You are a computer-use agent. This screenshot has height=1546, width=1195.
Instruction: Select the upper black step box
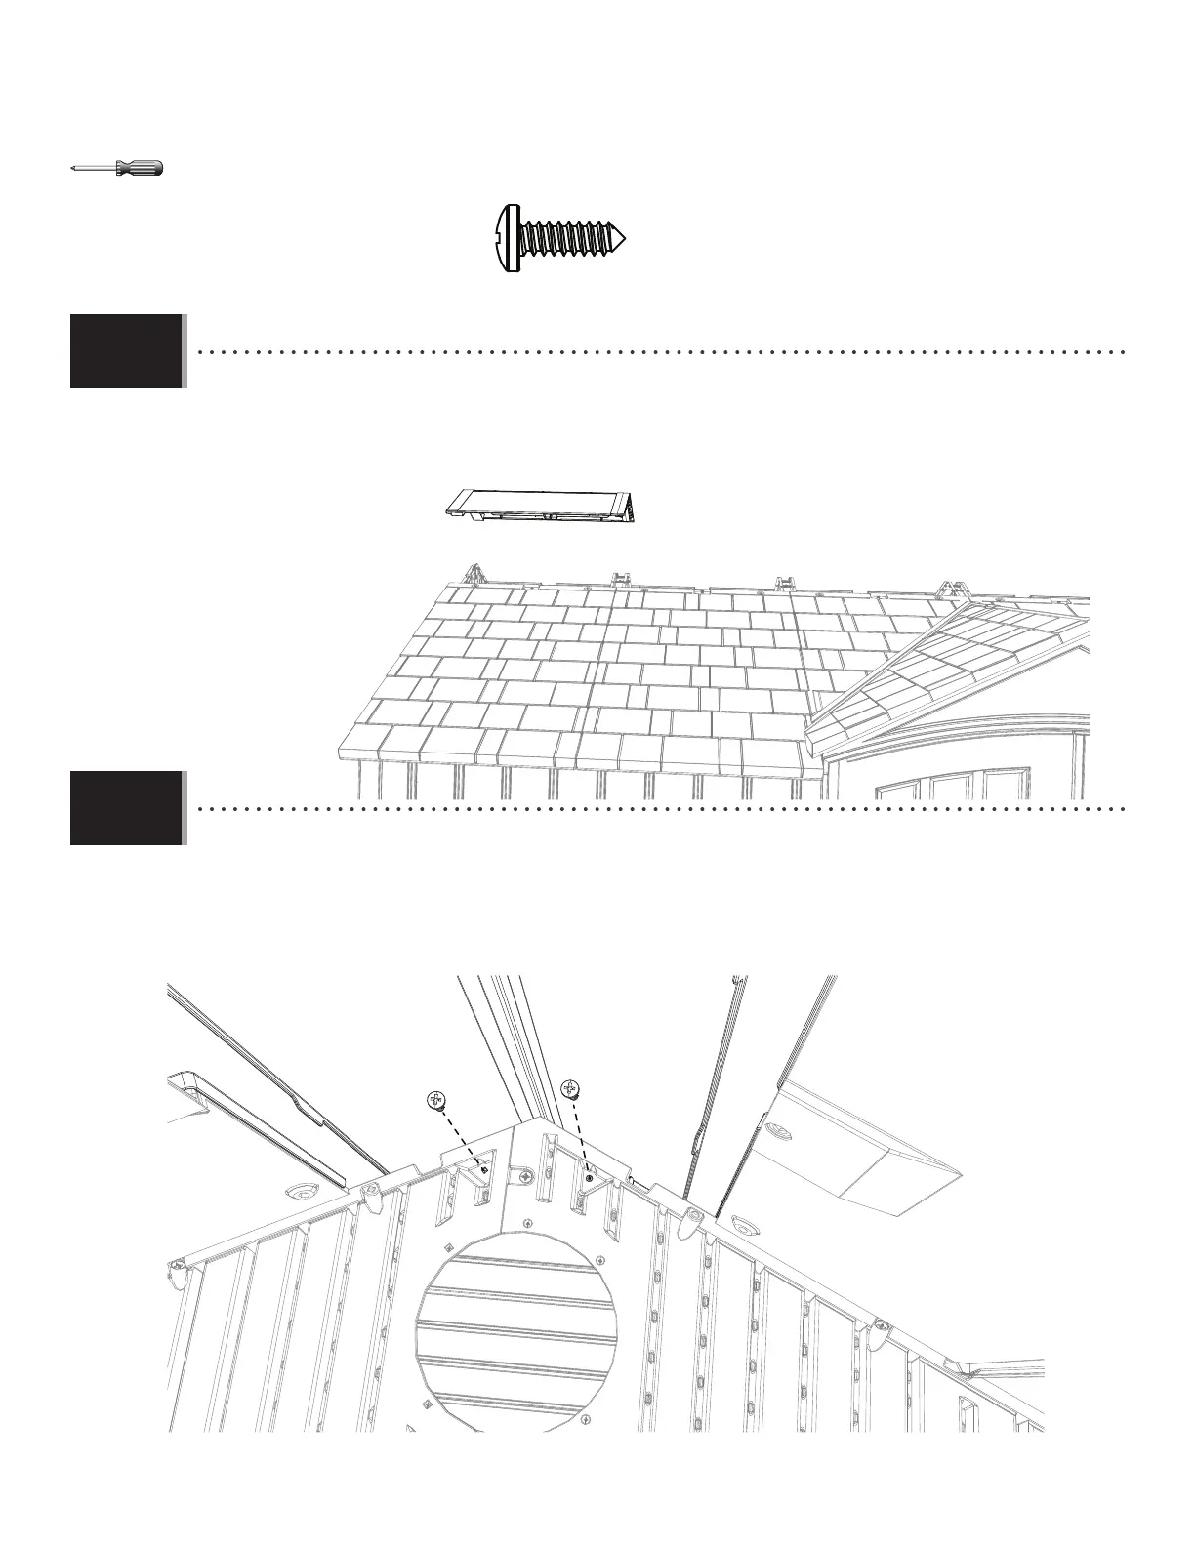click(x=126, y=351)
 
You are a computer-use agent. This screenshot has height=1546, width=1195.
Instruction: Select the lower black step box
click(x=126, y=808)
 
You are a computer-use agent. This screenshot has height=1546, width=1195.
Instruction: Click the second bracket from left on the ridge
click(x=617, y=579)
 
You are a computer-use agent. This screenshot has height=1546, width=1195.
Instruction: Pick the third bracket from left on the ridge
click(x=784, y=584)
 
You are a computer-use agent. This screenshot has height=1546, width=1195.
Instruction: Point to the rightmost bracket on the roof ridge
click(x=946, y=589)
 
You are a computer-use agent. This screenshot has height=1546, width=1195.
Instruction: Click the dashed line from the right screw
click(x=580, y=1132)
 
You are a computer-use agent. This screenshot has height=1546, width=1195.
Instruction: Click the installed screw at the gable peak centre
click(x=526, y=1178)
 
